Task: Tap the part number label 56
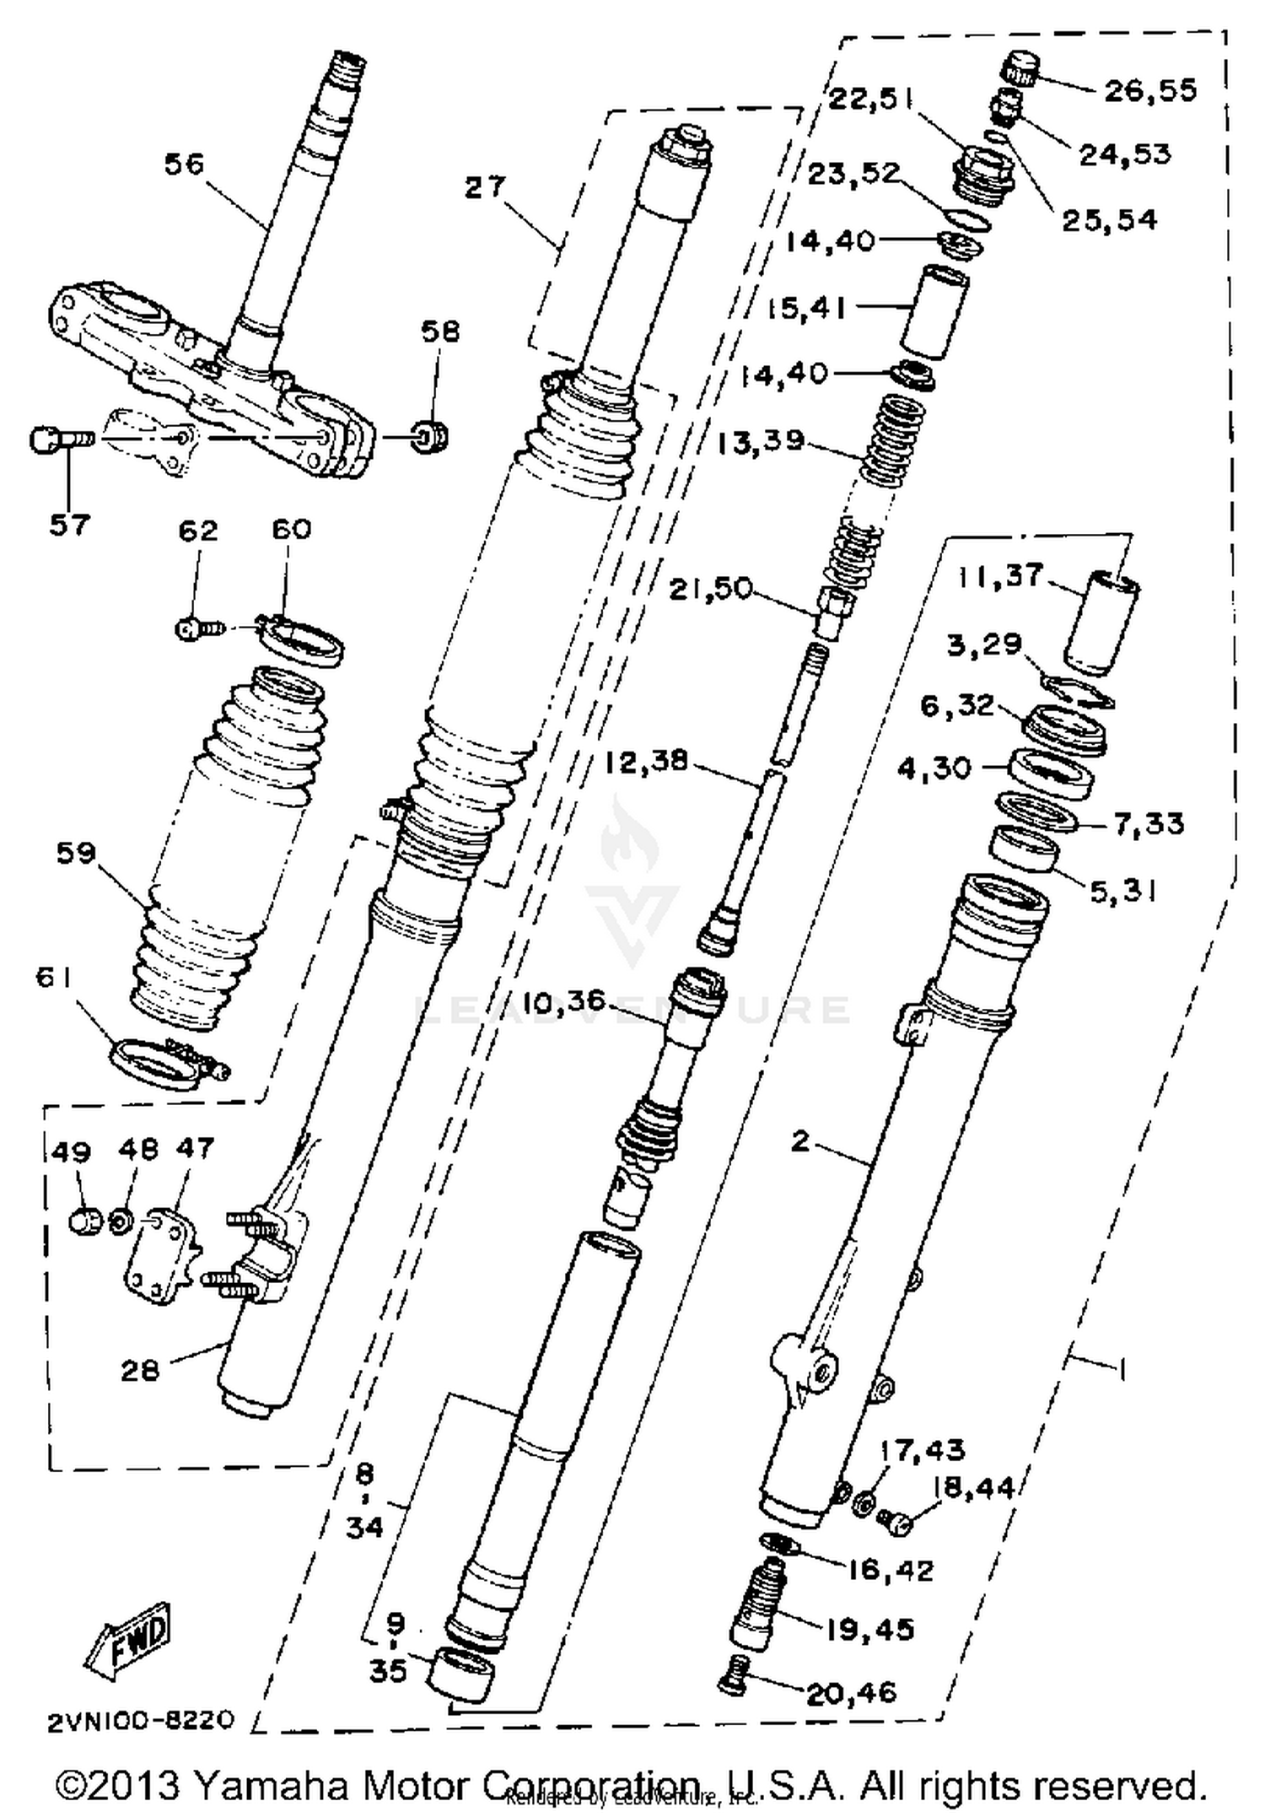click(x=184, y=164)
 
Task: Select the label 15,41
click(x=805, y=308)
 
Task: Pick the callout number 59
click(x=76, y=853)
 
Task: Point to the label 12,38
click(x=646, y=762)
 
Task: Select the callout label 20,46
click(x=852, y=1693)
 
